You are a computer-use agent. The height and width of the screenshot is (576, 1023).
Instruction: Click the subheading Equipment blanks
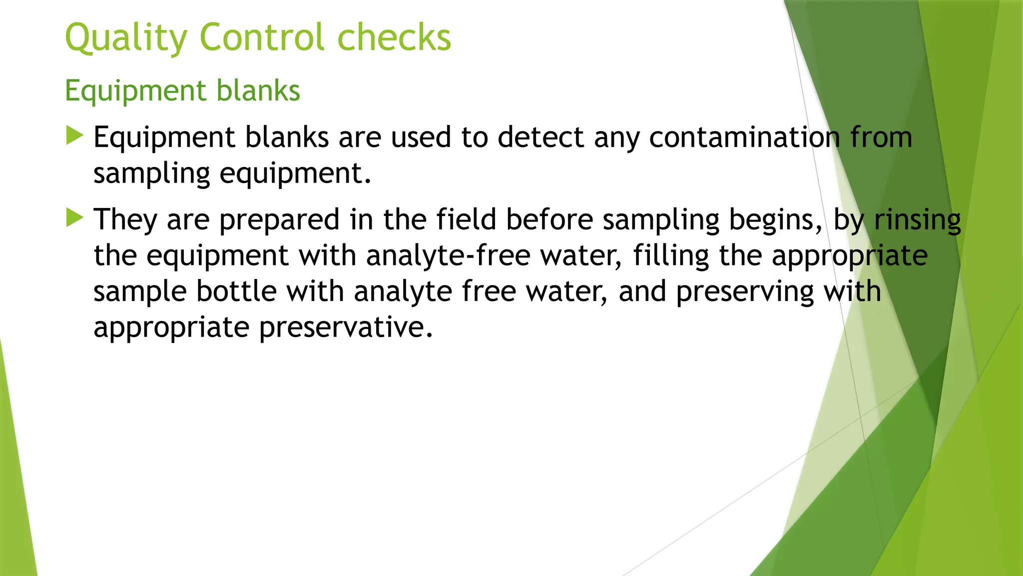point(182,91)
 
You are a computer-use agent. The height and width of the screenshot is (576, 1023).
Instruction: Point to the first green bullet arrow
point(74,135)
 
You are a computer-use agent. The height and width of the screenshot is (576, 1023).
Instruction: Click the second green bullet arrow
point(74,217)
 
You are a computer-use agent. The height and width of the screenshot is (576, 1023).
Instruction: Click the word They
point(125,220)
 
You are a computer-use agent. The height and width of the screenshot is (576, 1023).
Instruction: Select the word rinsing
point(917,220)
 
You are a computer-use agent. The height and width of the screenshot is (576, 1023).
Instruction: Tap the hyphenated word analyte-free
point(448,256)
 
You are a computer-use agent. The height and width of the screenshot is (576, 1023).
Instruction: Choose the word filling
point(671,256)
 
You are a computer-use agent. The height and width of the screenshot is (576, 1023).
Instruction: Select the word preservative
point(346,328)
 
